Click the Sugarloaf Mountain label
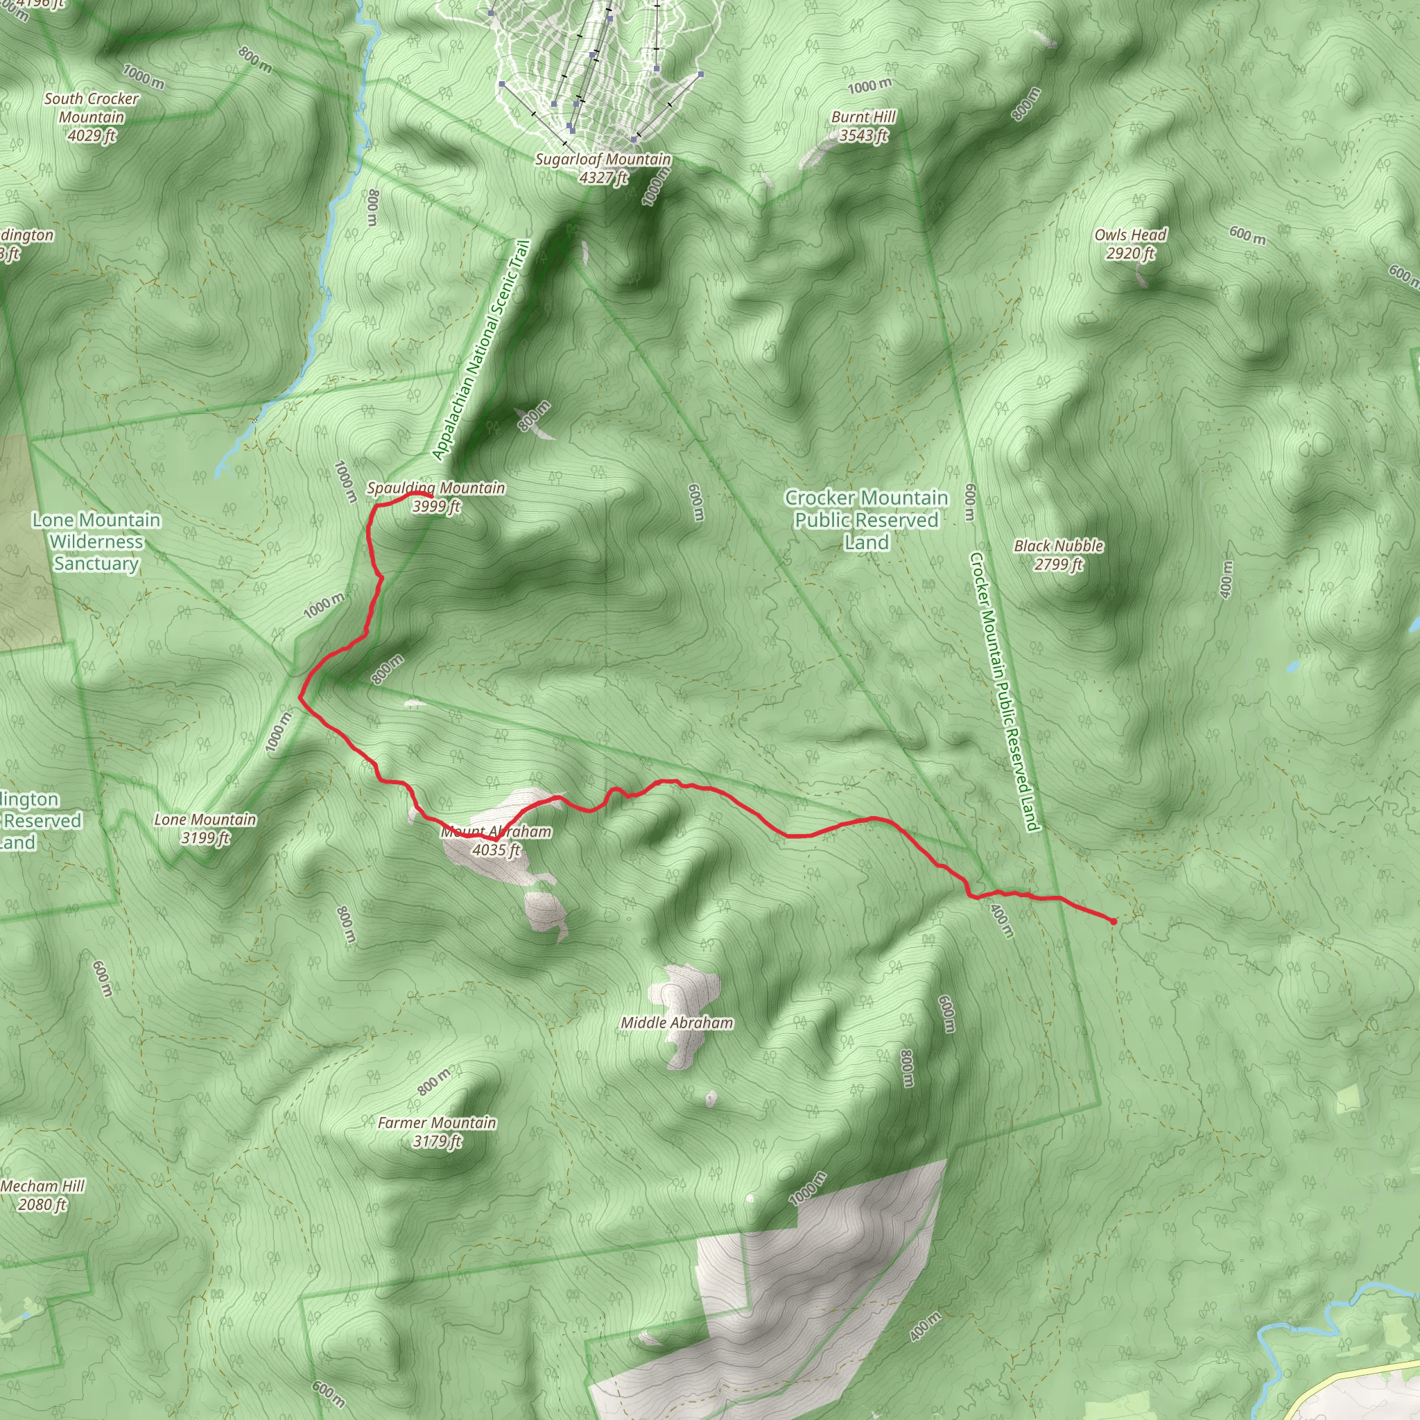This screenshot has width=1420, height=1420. [603, 168]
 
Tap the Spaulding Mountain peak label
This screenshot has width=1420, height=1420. [436, 497]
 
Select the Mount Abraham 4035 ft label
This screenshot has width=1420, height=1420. [496, 841]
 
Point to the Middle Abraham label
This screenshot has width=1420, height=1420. [676, 1023]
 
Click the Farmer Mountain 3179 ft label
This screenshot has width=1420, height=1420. [437, 1132]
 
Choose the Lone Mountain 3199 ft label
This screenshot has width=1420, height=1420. [205, 829]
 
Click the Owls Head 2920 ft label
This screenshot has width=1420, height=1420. [1129, 244]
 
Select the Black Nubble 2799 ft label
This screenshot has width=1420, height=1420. [1057, 555]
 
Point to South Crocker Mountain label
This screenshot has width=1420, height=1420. [91, 117]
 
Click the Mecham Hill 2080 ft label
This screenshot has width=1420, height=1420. [42, 1195]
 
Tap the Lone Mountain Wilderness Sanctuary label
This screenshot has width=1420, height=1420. [96, 542]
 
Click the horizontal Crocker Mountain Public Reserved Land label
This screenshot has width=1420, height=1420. [866, 519]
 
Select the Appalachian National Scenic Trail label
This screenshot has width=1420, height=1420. [481, 350]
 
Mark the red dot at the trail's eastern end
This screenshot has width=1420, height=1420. [1113, 921]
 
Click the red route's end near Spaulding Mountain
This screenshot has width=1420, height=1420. [430, 497]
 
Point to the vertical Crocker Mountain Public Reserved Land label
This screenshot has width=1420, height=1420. [1004, 691]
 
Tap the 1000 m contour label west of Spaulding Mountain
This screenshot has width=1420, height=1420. [345, 481]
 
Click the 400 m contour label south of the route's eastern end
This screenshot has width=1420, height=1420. [1002, 920]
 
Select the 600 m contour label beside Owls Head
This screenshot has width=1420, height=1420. [1247, 235]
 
